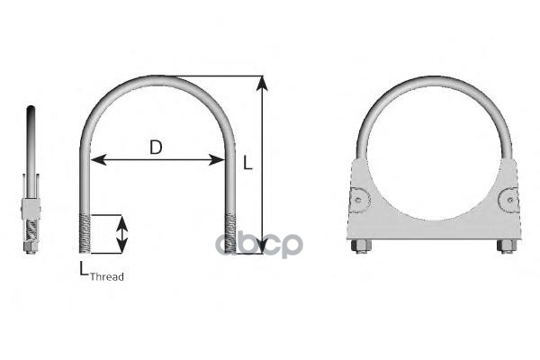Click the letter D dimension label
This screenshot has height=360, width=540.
(156, 147)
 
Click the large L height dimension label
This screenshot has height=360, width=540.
(247, 163)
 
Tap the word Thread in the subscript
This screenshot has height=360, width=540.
(107, 276)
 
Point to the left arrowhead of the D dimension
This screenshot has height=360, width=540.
(98, 160)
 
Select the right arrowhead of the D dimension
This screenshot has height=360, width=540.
(217, 160)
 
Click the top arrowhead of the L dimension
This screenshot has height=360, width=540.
(262, 84)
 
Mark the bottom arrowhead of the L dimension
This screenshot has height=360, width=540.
(262, 246)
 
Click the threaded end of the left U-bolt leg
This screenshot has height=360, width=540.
(85, 234)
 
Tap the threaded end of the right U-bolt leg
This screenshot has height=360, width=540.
(230, 234)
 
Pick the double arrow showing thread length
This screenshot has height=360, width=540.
(121, 234)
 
